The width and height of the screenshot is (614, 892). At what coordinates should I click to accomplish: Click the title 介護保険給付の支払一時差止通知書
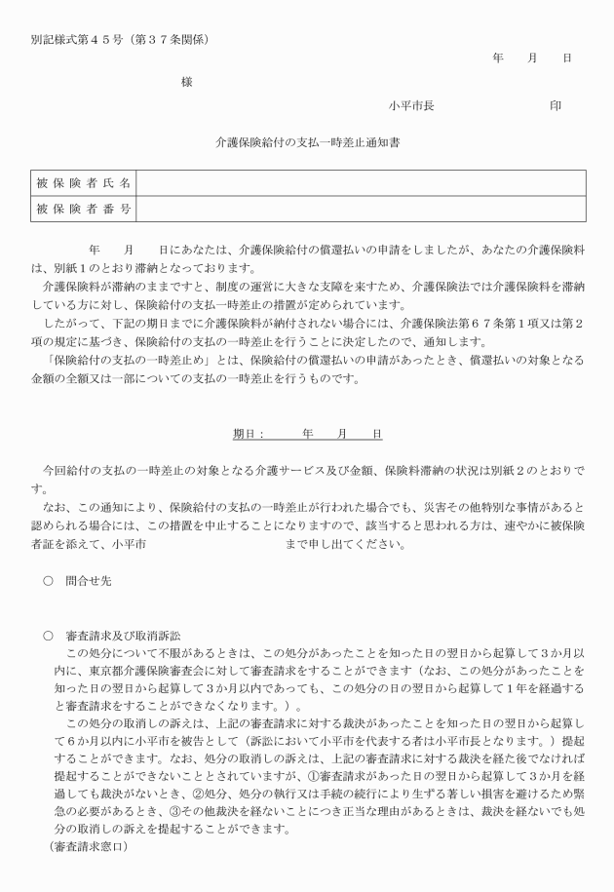point(307,142)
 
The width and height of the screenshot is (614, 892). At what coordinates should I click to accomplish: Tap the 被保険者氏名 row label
point(84,182)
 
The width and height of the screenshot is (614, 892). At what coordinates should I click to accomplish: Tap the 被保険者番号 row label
point(84,209)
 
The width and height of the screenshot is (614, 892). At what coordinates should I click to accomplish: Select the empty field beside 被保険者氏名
point(361,182)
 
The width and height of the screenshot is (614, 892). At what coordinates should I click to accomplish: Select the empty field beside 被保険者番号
point(361,209)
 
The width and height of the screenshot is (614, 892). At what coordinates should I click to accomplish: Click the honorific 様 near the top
point(187,83)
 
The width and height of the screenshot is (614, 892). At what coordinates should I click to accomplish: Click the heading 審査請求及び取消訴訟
point(125,635)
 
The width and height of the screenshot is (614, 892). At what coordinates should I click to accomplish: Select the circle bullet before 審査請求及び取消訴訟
point(48,635)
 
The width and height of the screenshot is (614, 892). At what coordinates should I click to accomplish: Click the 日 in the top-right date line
point(567,58)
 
